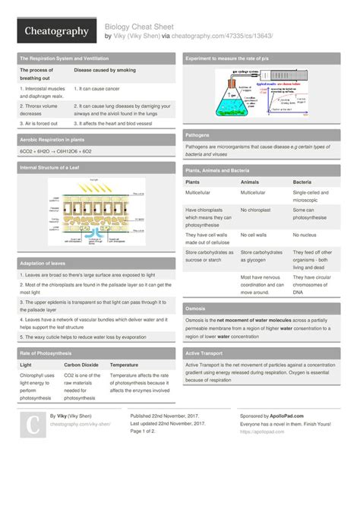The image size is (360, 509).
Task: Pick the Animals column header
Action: pos(251,183)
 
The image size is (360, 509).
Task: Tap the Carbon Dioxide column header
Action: pos(81,365)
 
